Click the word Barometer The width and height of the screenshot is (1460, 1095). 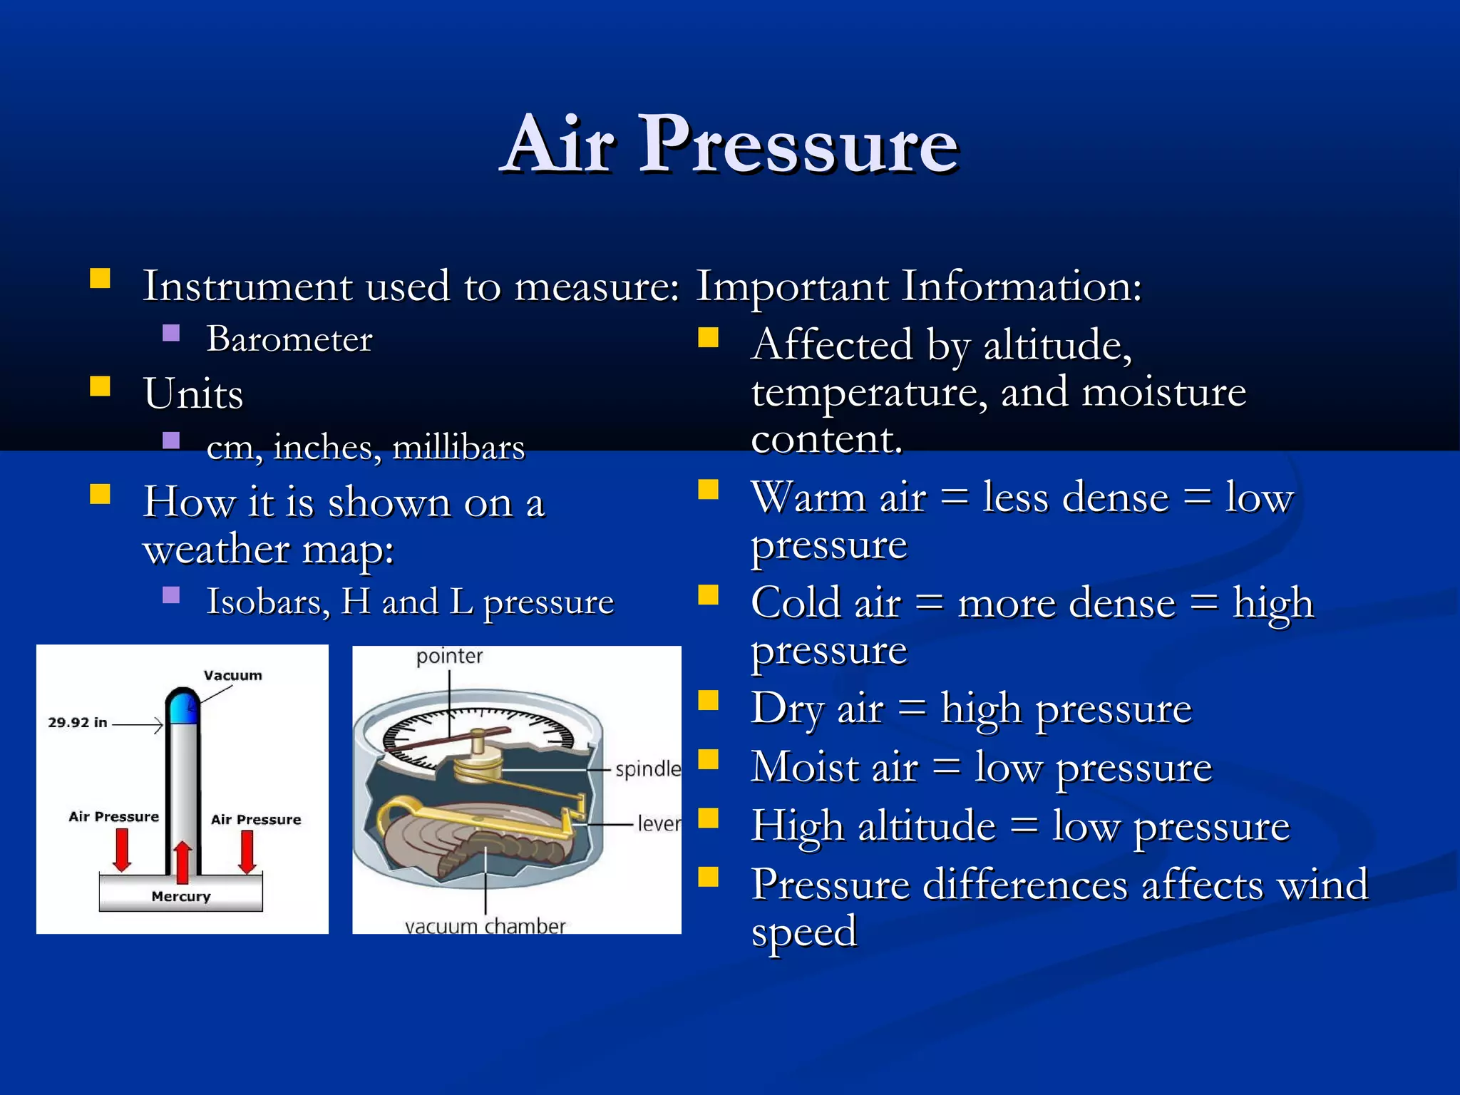click(289, 339)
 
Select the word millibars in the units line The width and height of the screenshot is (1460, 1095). click(458, 448)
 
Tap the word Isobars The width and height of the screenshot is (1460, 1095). click(267, 602)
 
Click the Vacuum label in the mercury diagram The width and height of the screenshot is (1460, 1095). click(232, 675)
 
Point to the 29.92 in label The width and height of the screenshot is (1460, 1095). click(77, 722)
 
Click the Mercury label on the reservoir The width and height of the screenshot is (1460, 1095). click(181, 896)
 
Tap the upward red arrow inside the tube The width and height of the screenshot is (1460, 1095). click(182, 861)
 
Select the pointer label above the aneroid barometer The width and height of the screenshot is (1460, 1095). click(449, 656)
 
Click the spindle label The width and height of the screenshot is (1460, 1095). click(647, 769)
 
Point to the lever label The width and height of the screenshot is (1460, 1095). click(659, 824)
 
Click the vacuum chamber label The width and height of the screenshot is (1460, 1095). click(485, 926)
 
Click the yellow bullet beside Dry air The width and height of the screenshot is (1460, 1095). click(708, 701)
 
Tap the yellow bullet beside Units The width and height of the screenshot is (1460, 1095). click(101, 386)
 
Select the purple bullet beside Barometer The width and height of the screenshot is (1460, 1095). click(171, 333)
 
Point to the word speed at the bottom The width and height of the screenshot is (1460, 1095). click(803, 932)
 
